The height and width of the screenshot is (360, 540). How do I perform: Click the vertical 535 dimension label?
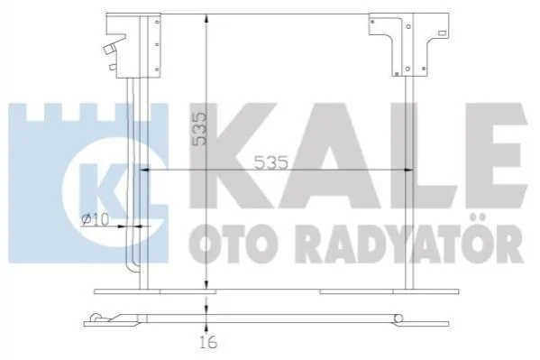coord(200,128)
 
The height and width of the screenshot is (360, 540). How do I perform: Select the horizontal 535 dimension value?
coord(271,162)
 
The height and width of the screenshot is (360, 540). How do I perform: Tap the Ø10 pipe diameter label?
coord(96,219)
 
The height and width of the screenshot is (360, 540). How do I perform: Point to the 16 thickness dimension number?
coord(209,342)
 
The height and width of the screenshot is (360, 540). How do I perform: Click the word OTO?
coord(233,244)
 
